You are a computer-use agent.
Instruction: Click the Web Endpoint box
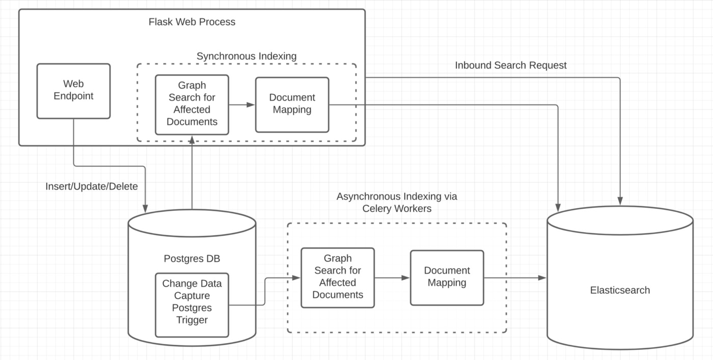[73, 91]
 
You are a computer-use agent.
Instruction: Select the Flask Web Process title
[191, 22]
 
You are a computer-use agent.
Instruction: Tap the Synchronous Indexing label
[246, 56]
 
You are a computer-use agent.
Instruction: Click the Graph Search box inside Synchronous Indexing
[191, 104]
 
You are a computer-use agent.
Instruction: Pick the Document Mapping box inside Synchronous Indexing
[292, 104]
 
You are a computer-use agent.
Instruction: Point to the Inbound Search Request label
[510, 65]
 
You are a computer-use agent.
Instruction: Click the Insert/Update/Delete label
[92, 186]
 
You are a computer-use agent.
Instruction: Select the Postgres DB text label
[192, 259]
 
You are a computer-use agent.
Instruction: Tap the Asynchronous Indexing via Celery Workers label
[397, 202]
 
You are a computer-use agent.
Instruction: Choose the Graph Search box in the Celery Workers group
[338, 277]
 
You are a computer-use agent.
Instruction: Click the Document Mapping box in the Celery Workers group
[447, 277]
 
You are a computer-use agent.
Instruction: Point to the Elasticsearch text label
[620, 290]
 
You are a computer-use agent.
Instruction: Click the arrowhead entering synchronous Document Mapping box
[251, 104]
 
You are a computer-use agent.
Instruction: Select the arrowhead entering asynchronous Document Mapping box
[406, 278]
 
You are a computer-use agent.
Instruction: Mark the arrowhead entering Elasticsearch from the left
[542, 278]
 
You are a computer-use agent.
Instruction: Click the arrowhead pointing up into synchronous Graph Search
[191, 139]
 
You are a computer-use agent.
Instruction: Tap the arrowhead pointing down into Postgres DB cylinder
[145, 208]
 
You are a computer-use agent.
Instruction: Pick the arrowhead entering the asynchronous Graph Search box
[296, 278]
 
